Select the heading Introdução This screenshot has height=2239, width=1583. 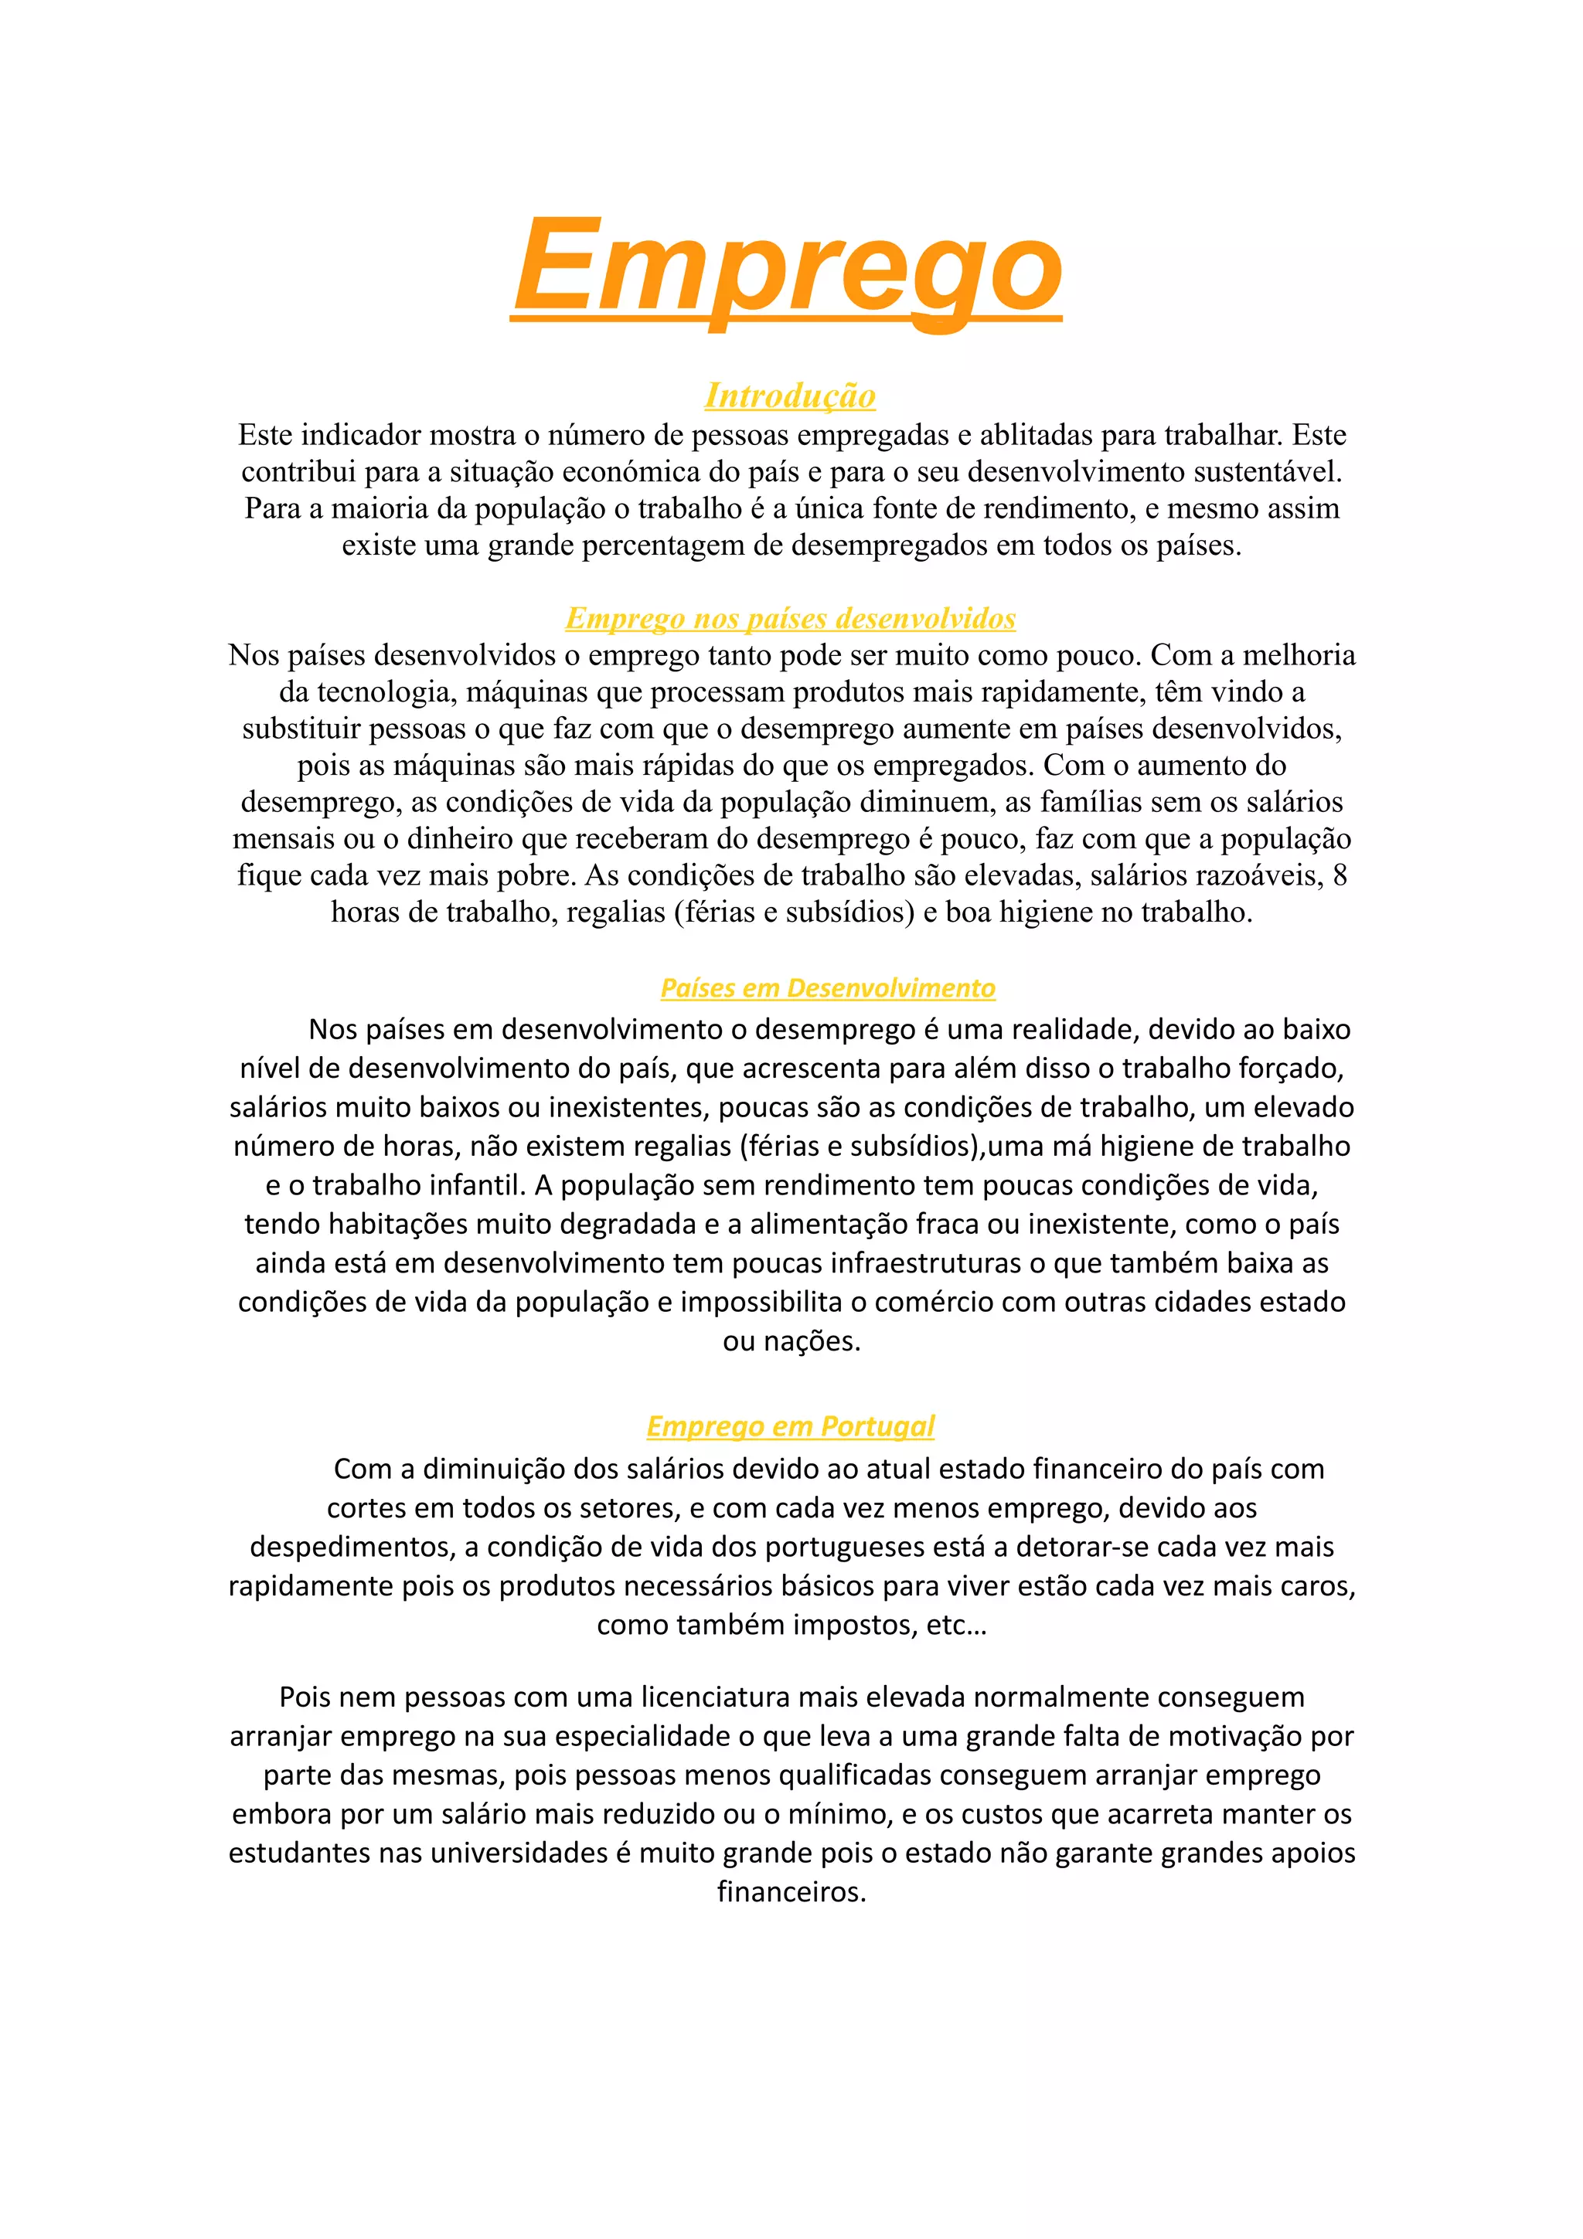(790, 395)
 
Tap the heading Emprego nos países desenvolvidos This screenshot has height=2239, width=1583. (790, 618)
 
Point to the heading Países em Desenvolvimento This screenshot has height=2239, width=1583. (827, 988)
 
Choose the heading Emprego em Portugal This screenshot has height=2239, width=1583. (790, 1425)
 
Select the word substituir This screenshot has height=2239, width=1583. (301, 729)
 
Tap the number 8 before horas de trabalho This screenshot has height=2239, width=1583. (1340, 875)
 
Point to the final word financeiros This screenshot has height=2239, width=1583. (791, 1893)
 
